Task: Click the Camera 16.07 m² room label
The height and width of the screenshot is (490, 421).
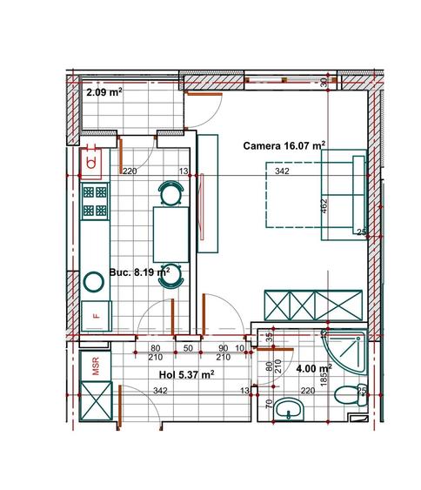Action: [x=284, y=145]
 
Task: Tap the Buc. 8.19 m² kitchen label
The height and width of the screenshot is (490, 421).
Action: [x=139, y=272]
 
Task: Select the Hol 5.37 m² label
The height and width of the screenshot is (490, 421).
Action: [x=186, y=374]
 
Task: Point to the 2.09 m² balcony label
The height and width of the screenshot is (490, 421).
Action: [x=104, y=92]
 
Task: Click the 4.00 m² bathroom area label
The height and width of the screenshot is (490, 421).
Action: [x=313, y=368]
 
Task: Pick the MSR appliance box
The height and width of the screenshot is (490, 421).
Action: [x=96, y=366]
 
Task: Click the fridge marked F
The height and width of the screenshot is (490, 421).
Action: [x=97, y=316]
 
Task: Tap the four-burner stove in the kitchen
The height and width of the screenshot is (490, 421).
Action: [x=95, y=201]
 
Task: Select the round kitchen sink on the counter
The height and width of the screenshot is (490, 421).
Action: [x=94, y=282]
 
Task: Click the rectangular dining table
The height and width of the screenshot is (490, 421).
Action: [x=171, y=235]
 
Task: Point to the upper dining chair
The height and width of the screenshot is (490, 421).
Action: [x=170, y=193]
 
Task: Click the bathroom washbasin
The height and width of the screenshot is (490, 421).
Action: [x=289, y=409]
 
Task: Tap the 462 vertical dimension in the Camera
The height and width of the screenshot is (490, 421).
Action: [x=324, y=206]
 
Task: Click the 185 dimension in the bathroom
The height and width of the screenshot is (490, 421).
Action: [x=324, y=377]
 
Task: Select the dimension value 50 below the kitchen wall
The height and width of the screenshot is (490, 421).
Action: [x=188, y=348]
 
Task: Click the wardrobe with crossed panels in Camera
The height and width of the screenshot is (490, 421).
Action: [x=313, y=305]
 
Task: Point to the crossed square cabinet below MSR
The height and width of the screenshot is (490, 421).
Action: [x=96, y=401]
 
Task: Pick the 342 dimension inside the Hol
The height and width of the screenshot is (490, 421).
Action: [x=160, y=391]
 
